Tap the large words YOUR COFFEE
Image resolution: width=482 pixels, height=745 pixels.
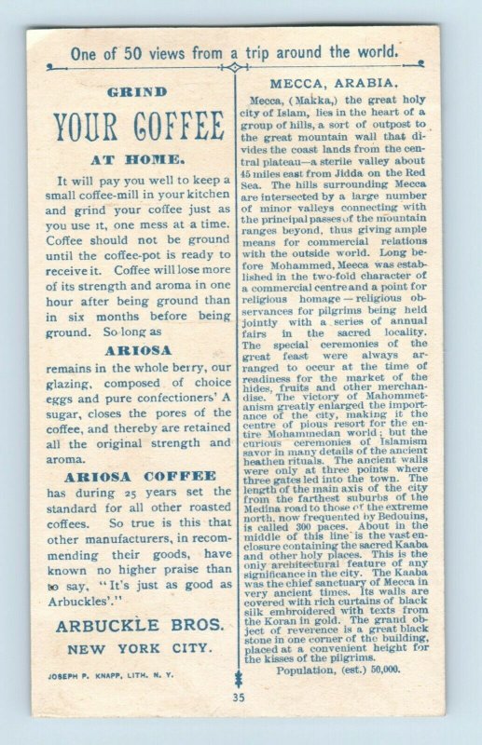click(137, 126)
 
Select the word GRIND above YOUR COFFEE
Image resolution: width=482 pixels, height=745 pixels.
click(137, 92)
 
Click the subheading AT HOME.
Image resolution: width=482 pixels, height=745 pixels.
click(137, 158)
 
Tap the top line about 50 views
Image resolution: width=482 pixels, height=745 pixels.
click(234, 52)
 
